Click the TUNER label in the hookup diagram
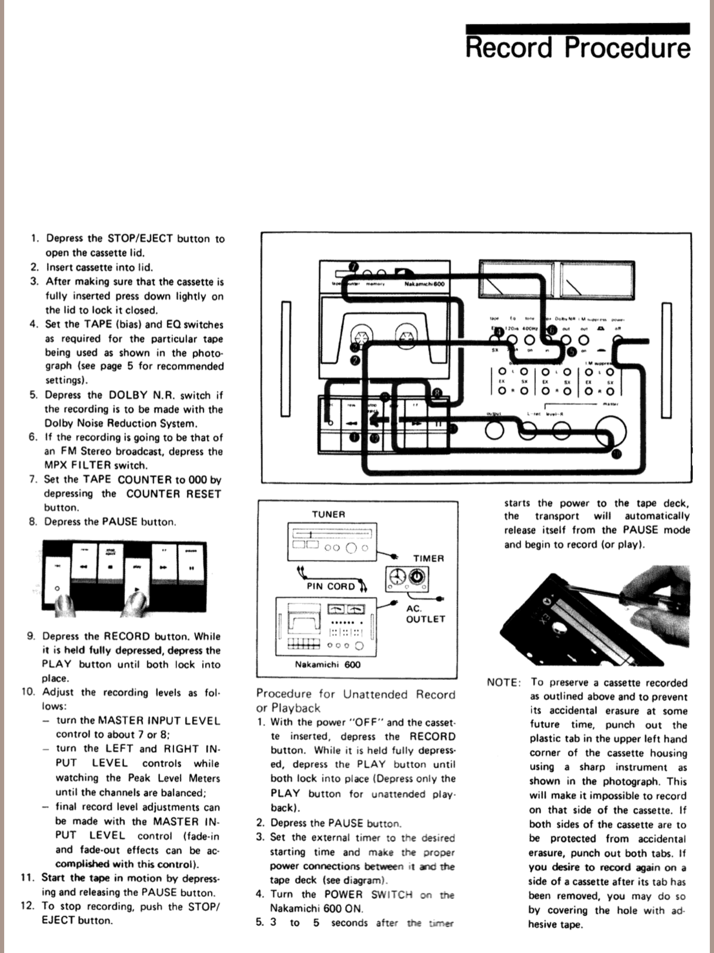coord(329,514)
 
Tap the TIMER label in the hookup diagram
coord(429,558)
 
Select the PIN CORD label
coord(331,586)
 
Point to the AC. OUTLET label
coord(425,614)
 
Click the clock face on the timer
coord(397,578)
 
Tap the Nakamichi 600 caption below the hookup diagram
coord(328,664)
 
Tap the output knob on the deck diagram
coord(494,430)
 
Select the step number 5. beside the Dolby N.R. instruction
coord(33,395)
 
